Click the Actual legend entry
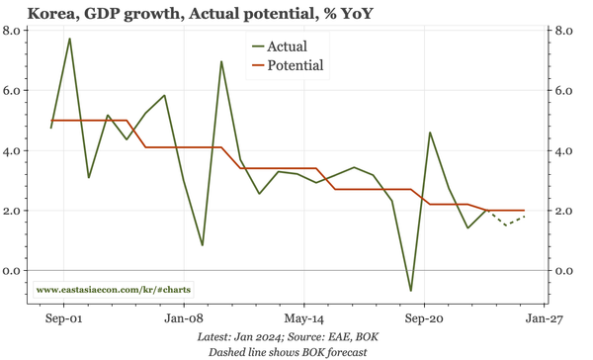click(287, 46)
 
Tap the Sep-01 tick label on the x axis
click(61, 319)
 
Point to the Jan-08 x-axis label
click(184, 319)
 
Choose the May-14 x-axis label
click(303, 319)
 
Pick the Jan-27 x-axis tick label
click(545, 319)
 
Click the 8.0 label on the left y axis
click(14, 31)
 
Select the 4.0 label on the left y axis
click(14, 151)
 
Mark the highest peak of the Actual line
click(70, 39)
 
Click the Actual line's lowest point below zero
click(411, 291)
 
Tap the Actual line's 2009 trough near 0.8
click(202, 245)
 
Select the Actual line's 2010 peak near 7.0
click(221, 61)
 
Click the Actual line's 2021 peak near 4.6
click(430, 133)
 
